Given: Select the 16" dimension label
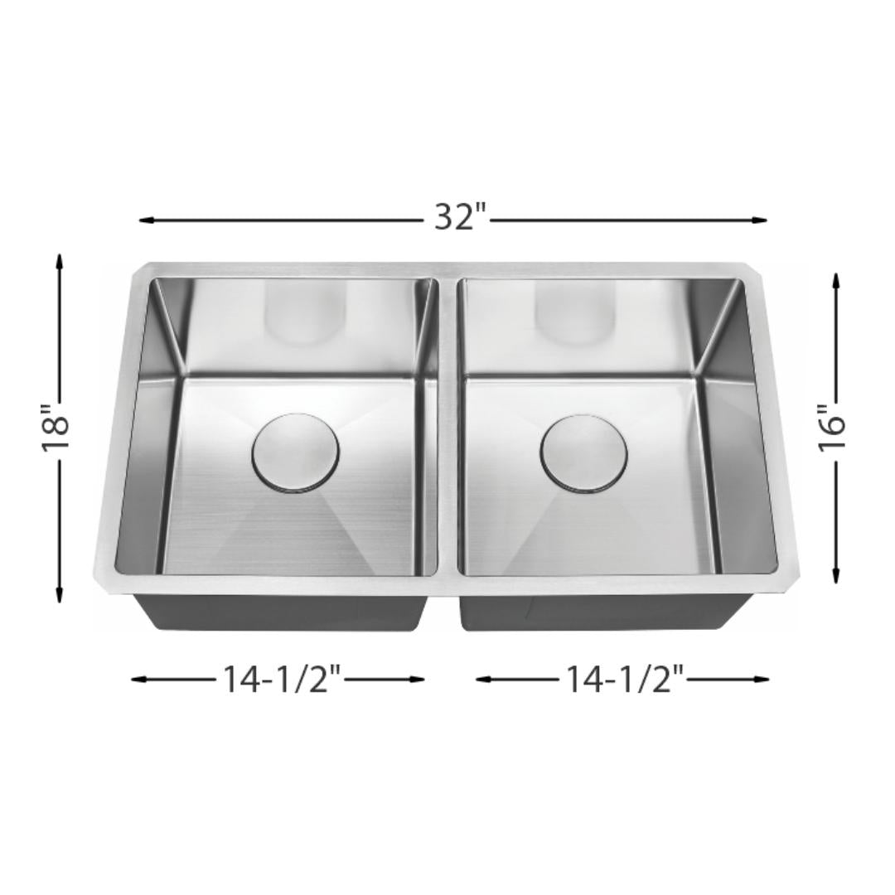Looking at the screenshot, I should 835,428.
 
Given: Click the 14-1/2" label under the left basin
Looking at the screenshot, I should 282,680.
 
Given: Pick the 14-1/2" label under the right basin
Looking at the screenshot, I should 625,680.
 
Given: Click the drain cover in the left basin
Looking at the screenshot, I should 295,452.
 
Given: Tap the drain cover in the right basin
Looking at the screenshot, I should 583,453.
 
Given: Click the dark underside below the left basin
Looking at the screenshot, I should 282,610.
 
